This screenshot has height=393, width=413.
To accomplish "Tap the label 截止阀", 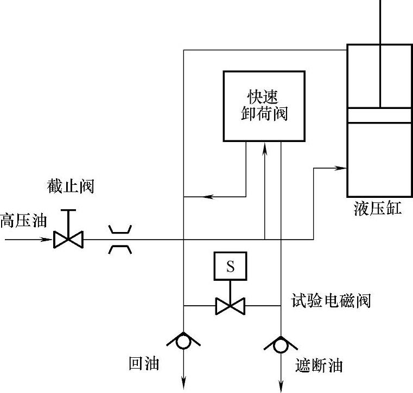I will tap(71, 187).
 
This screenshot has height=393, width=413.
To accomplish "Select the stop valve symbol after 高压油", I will tap(68, 239).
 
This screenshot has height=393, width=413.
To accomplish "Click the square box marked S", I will tap(230, 267).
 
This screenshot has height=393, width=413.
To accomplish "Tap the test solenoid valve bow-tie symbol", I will tap(230, 305).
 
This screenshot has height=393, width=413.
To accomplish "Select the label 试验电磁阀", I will tap(331, 300).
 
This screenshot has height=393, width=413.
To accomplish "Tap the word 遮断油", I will tap(320, 365).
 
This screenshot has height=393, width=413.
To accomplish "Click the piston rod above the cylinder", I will tap(380, 22).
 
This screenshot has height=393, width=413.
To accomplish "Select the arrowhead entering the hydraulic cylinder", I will tap(341, 168).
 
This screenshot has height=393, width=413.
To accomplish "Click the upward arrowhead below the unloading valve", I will tap(264, 147).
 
